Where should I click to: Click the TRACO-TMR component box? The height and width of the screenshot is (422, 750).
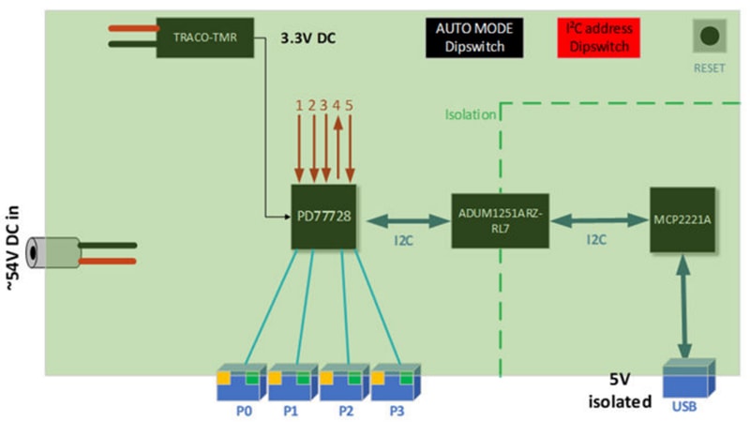206,38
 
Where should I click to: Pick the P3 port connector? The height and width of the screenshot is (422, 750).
397,379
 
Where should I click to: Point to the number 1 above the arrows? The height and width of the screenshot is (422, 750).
299,105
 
